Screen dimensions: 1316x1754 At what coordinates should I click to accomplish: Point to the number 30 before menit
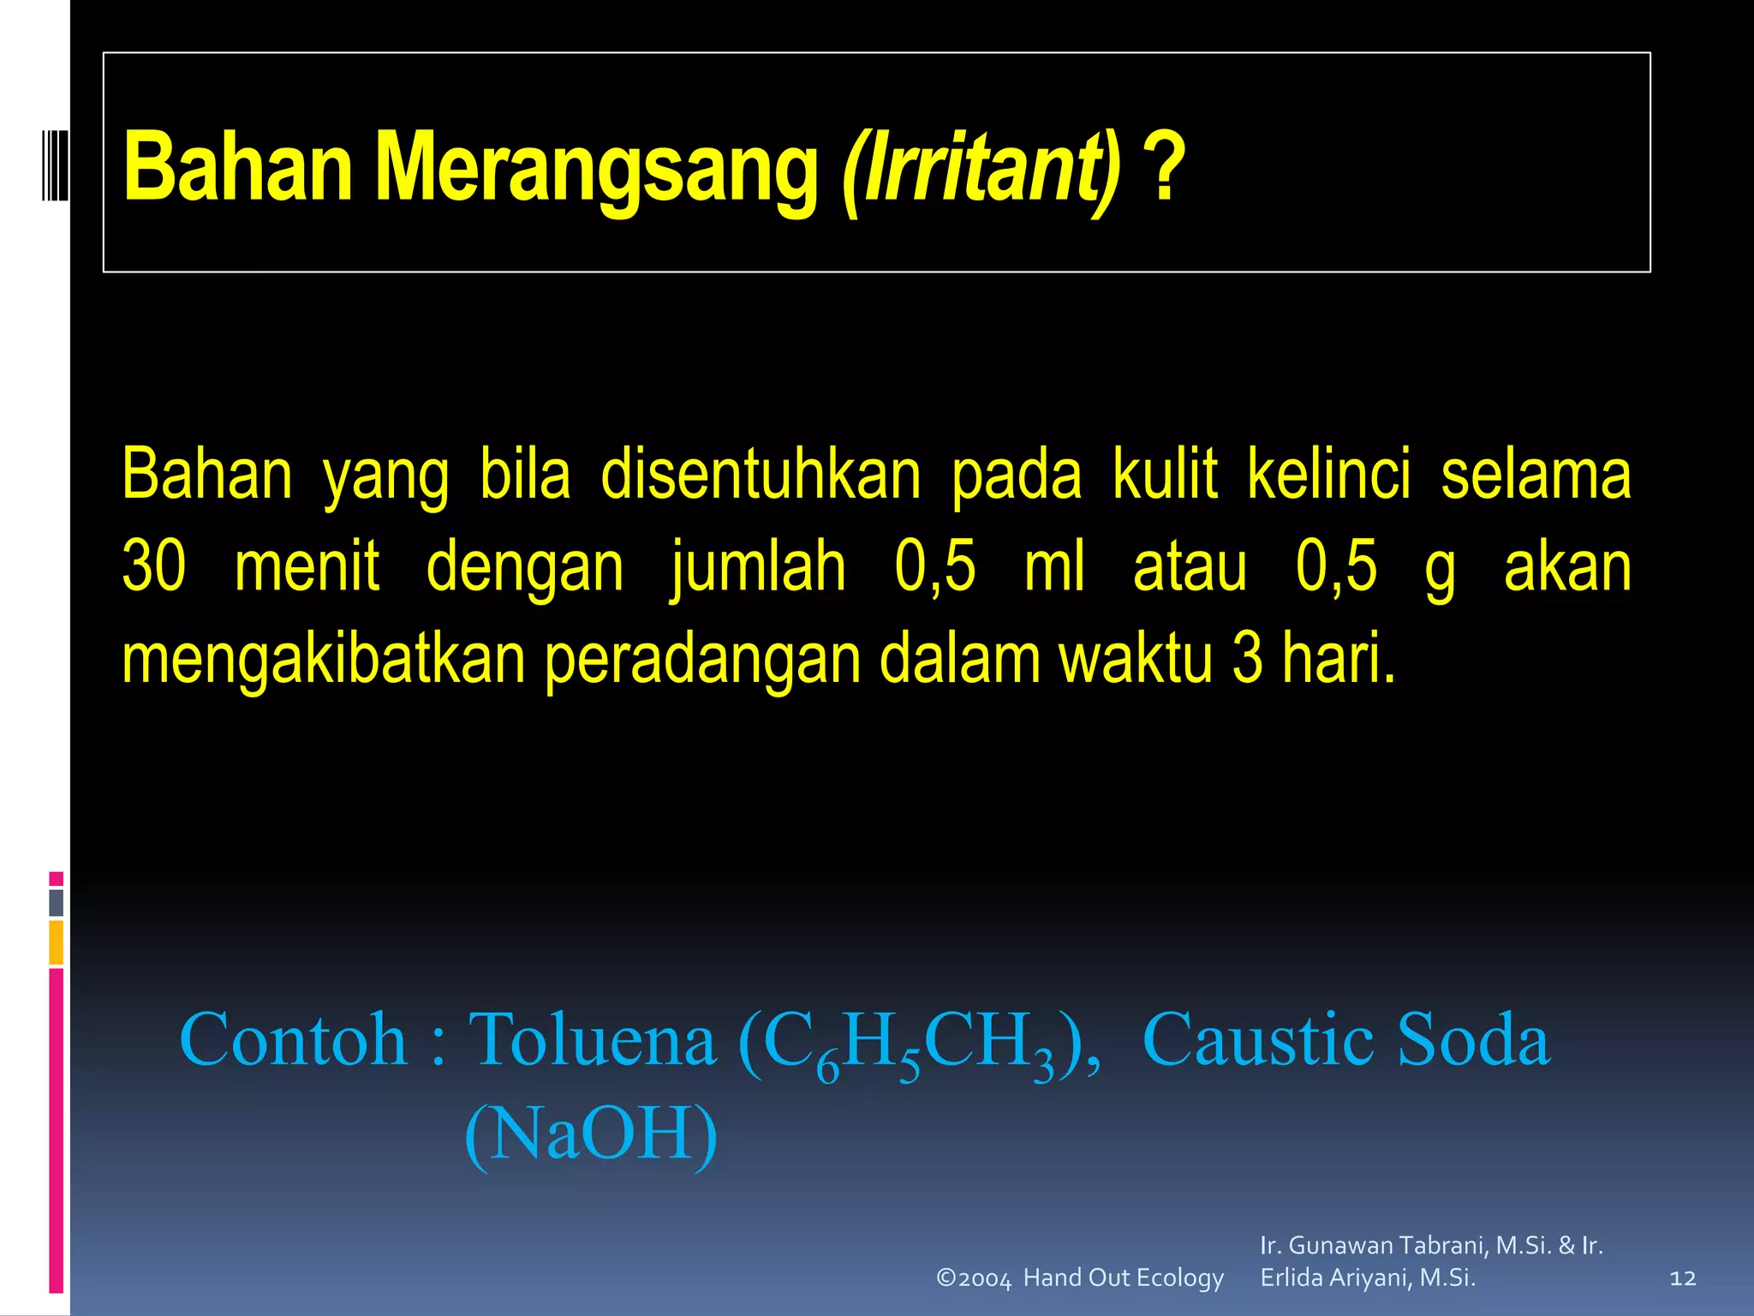(154, 566)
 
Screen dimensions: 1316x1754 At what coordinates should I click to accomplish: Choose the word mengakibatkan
(324, 660)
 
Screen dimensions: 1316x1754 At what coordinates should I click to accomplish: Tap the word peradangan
(702, 660)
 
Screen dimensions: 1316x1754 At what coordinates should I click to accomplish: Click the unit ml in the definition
(1054, 566)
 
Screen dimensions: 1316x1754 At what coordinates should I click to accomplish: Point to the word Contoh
(294, 1039)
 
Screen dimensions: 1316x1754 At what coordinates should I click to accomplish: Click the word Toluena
(593, 1039)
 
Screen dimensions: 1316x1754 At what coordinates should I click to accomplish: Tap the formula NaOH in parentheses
(591, 1134)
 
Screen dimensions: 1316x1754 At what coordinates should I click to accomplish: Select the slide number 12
(1683, 1278)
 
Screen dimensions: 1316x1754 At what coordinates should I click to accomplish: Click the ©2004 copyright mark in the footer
(974, 1278)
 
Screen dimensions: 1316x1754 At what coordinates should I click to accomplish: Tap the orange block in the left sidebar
(57, 942)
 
